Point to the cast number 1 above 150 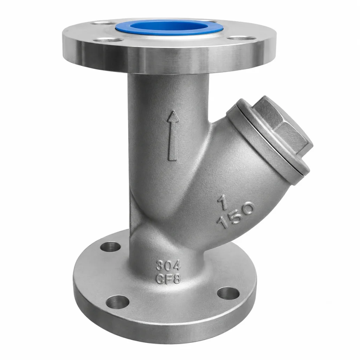pos(223,202)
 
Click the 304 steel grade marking pos(168,266)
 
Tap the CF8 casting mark pos(168,279)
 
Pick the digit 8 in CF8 pos(177,279)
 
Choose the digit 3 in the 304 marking pos(160,266)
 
